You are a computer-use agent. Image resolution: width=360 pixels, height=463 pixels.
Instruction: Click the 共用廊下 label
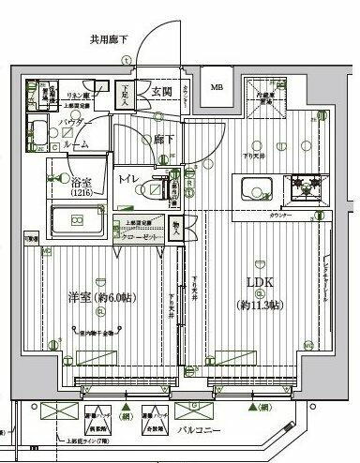[x=110, y=39]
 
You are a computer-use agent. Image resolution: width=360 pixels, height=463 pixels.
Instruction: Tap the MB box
[x=217, y=89]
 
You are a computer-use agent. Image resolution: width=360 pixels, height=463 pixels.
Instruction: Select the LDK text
[x=262, y=282]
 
